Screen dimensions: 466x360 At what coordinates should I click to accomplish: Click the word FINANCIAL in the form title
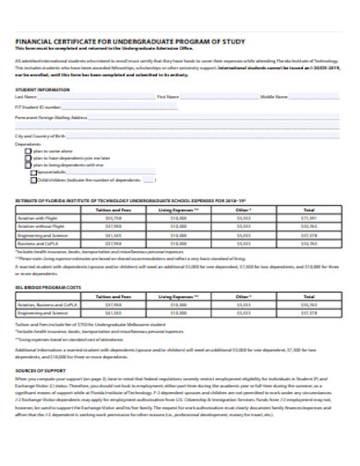(x=34, y=42)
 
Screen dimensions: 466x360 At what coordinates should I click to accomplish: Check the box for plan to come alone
(x=29, y=150)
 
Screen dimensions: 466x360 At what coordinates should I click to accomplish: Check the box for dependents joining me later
(x=29, y=158)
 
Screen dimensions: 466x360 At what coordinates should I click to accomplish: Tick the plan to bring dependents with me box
(x=29, y=164)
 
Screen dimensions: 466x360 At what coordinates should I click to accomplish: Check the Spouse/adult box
(x=36, y=172)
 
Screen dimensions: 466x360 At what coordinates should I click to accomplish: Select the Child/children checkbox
(x=36, y=179)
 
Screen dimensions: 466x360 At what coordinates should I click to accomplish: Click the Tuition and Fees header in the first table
(x=114, y=209)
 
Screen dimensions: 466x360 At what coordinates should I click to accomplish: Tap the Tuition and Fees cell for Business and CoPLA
(x=114, y=243)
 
